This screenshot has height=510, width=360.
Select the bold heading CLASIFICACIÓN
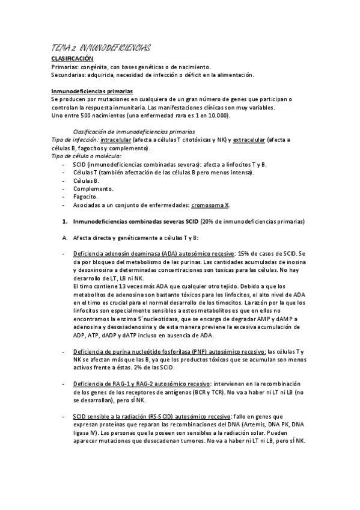(72, 58)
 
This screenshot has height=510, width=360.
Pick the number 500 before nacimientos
(81, 115)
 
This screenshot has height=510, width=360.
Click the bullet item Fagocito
(85, 197)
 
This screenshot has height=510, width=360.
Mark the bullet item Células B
(86, 180)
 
